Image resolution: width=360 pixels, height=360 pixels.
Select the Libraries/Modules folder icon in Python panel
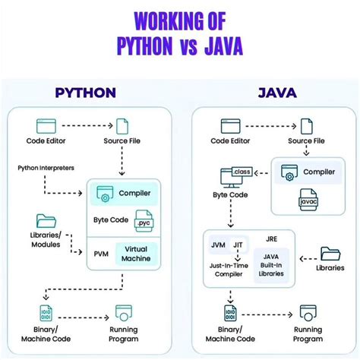click(x=46, y=220)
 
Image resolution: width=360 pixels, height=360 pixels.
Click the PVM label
click(x=101, y=253)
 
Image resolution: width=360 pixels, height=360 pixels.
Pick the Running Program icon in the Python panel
click(x=125, y=313)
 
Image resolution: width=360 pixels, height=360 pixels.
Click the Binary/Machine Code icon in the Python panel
click(x=46, y=313)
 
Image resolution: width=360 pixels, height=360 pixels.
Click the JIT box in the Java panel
click(x=237, y=245)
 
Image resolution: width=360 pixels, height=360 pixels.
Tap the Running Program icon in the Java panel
click(x=307, y=313)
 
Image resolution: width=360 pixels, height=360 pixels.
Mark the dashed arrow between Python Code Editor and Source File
click(x=84, y=123)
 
